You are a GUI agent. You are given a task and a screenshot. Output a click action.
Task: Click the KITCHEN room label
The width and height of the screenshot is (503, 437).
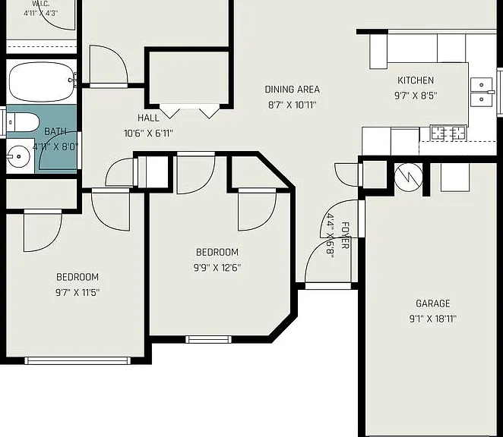416,80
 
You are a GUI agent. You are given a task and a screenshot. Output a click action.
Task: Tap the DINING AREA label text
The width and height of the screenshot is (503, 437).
293,90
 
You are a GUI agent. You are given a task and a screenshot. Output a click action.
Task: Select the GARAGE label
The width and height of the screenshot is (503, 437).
433,303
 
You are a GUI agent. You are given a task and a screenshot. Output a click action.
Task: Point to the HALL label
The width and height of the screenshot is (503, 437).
148,118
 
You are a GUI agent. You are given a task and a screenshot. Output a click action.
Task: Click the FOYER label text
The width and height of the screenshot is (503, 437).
344,235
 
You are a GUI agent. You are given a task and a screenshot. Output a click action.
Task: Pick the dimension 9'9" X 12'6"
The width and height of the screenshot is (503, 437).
217,267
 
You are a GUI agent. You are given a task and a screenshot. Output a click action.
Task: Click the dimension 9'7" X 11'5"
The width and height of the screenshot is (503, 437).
78,292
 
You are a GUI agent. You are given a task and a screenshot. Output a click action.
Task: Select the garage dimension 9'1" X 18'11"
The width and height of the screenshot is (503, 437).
433,319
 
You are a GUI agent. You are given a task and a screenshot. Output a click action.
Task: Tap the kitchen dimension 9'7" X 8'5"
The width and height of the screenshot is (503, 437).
416,96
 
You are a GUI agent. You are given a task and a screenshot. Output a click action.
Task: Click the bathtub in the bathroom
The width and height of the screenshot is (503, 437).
41,81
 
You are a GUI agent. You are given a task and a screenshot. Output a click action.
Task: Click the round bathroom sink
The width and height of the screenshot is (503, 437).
19,156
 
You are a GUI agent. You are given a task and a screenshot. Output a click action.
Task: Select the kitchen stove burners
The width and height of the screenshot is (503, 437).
448,133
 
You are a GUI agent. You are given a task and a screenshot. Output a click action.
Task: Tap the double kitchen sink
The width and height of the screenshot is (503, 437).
482,92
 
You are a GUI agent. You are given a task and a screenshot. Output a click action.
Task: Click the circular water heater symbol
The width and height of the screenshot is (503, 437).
408,178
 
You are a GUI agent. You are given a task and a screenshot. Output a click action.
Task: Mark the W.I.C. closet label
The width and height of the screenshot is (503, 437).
41,5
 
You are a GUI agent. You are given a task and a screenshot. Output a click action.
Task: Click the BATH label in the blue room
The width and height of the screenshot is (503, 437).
55,131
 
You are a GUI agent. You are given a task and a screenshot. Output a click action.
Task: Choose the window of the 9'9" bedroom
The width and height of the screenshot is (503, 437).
208,339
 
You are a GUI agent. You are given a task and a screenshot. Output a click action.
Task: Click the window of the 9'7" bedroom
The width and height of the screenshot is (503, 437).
78,360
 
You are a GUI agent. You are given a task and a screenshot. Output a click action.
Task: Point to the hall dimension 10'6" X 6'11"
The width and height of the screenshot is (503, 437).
148,133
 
